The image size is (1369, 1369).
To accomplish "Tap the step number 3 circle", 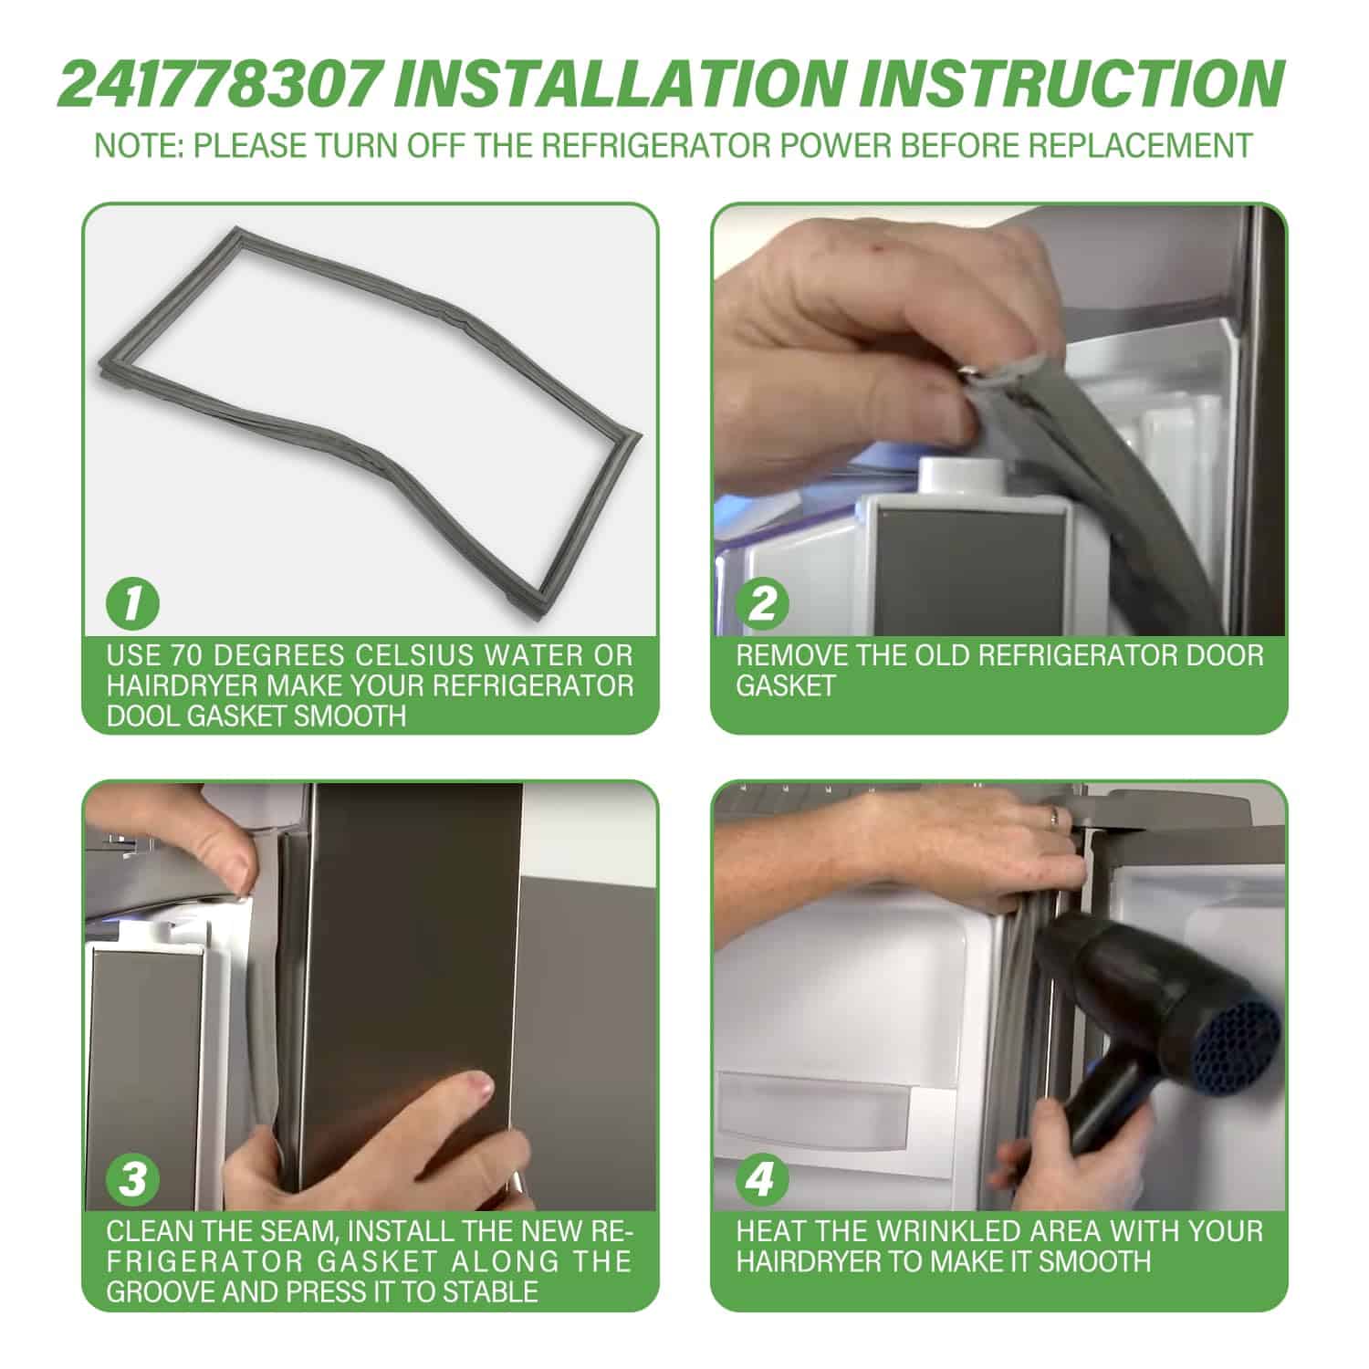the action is [133, 1179].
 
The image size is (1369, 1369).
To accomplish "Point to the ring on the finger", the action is [1054, 816].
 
